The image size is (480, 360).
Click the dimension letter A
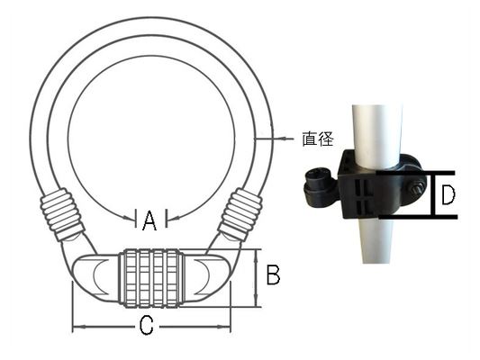click(149, 220)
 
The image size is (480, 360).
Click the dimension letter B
click(273, 274)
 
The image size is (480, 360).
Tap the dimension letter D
click(448, 194)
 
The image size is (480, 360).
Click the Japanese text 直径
click(318, 139)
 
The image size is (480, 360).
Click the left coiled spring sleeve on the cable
click(62, 214)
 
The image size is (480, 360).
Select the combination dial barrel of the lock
click(152, 278)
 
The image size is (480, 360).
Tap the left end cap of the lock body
click(95, 277)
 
